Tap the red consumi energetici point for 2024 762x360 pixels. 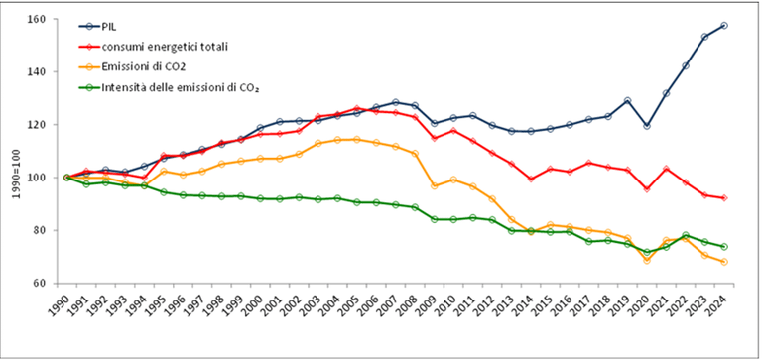pos(724,198)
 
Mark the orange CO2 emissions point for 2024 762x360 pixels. pos(724,262)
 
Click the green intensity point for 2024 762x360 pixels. pos(724,246)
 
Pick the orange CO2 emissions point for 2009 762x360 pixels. pos(434,186)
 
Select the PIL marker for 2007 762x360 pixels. pos(395,102)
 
